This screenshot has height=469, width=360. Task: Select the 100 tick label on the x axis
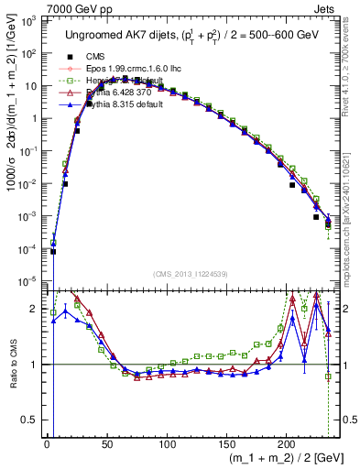[x=167, y=441]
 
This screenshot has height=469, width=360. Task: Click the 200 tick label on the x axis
[x=287, y=441]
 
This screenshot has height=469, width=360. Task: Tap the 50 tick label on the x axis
[x=106, y=441]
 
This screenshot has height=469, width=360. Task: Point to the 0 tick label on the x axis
[x=47, y=441]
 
